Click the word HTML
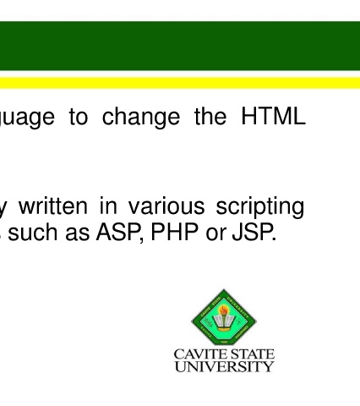tap(273, 116)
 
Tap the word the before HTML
tap(210, 116)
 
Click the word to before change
tap(79, 117)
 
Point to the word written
tap(53, 206)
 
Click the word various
tap(166, 206)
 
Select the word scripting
tap(259, 208)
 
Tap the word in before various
tap(108, 206)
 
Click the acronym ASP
tap(119, 233)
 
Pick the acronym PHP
tap(174, 232)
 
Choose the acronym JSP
tap(254, 232)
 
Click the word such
tap(33, 232)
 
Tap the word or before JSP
tap(215, 234)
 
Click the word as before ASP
tap(77, 234)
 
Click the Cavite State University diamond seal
tap(224, 317)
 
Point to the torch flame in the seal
tap(224, 310)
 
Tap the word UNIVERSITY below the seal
tap(224, 366)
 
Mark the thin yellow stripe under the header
tap(180, 83)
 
